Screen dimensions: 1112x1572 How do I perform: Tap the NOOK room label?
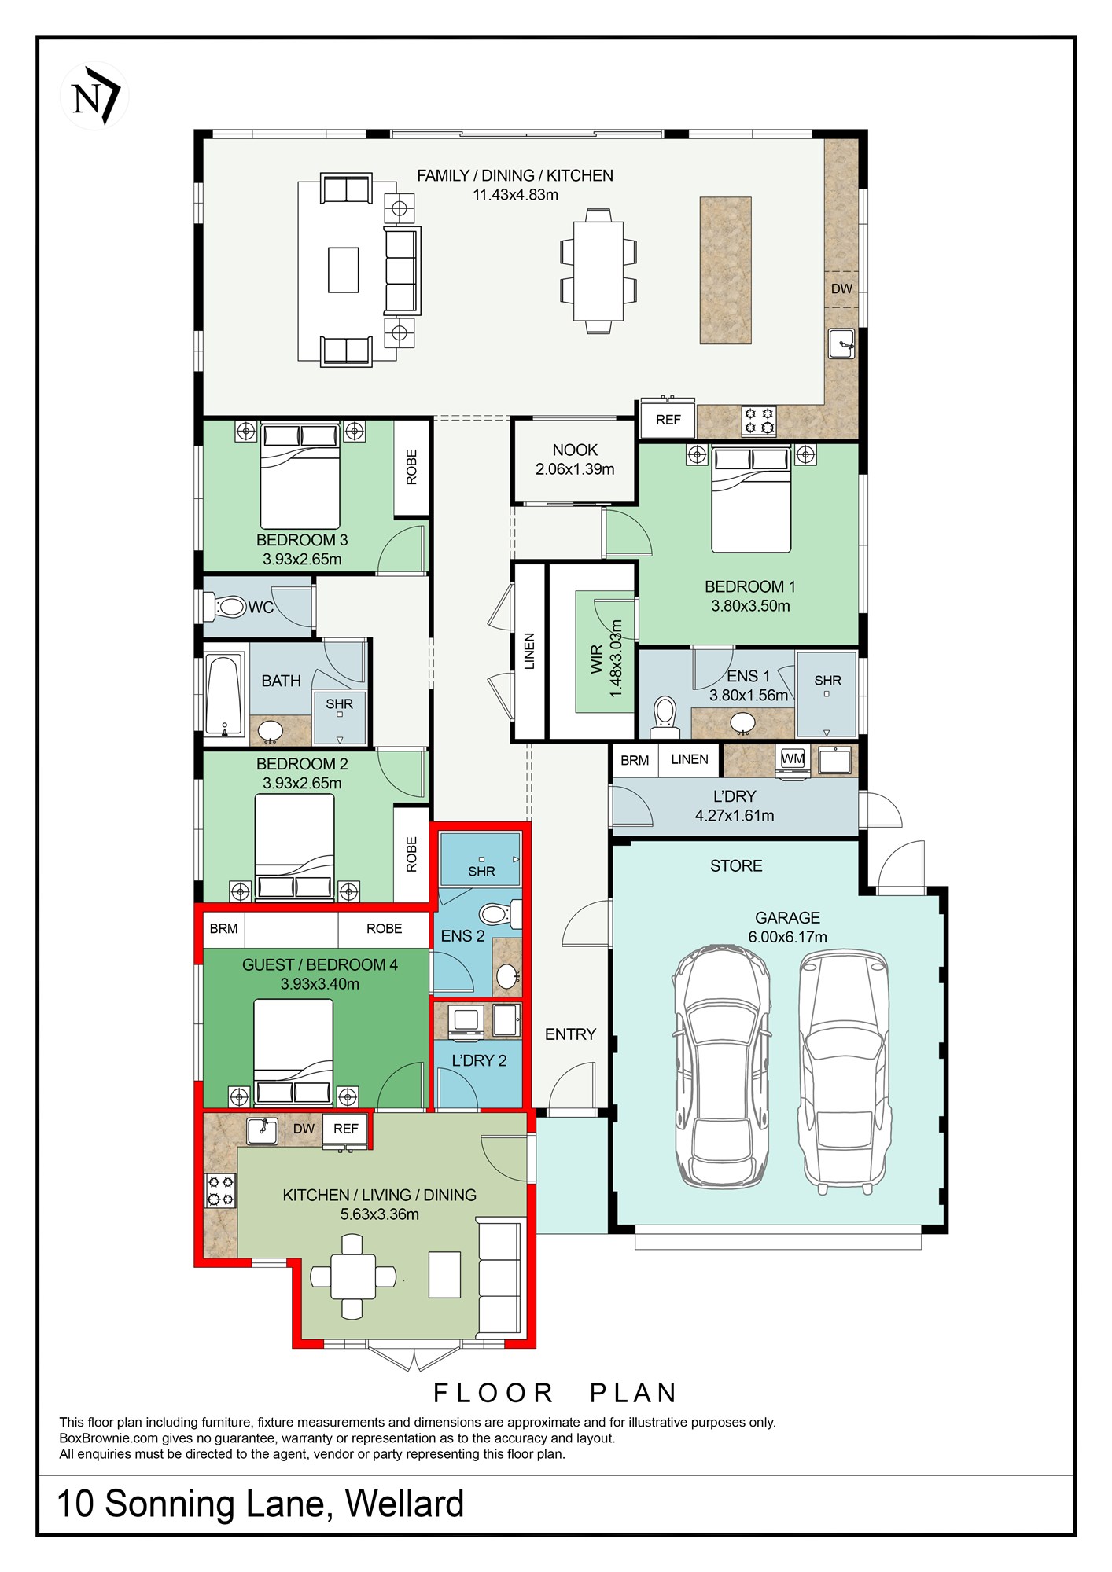(x=575, y=450)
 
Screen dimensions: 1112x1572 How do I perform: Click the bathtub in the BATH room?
(x=224, y=695)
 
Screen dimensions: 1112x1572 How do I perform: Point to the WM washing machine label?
(x=793, y=758)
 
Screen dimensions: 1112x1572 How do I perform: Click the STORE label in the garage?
(x=736, y=866)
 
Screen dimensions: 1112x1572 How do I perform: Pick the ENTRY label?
(x=570, y=1034)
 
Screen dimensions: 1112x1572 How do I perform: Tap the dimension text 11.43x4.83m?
(x=515, y=195)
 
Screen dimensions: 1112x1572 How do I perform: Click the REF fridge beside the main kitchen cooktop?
(x=668, y=419)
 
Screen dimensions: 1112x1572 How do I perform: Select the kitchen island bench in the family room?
(x=725, y=270)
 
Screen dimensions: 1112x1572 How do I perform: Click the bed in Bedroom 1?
(x=751, y=498)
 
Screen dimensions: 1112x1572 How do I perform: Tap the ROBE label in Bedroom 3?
(x=411, y=467)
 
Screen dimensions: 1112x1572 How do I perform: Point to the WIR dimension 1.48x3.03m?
(x=616, y=658)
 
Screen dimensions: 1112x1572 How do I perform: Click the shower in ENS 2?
(x=481, y=859)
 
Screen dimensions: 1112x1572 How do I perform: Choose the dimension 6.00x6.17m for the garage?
(x=787, y=937)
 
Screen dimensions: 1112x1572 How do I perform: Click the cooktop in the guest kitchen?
(x=220, y=1191)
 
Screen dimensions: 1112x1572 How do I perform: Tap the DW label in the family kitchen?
(x=841, y=288)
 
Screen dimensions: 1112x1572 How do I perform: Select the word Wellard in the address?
(x=404, y=1504)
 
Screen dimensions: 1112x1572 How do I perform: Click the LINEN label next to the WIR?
(x=529, y=651)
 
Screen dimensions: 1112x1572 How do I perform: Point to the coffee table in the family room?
(x=344, y=270)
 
